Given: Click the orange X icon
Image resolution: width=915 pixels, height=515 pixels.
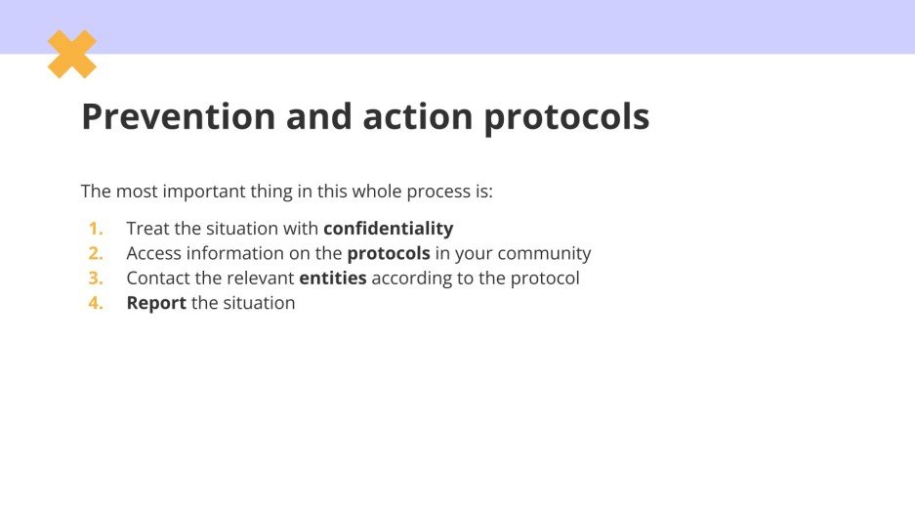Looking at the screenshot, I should point(72,54).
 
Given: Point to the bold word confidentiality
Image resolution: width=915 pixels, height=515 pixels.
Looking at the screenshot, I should point(389,229).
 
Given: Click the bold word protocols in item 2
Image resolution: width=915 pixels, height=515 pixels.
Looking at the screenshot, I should point(389,254).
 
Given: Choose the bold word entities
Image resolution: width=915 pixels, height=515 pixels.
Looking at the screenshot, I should point(333,279).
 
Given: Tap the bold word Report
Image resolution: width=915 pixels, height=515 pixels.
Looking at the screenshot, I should point(156,304).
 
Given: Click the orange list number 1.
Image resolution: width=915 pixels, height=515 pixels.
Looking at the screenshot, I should point(96,229).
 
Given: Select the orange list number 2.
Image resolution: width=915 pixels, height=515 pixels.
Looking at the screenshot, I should point(96,254).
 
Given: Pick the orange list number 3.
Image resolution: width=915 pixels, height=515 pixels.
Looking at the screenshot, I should point(96,279).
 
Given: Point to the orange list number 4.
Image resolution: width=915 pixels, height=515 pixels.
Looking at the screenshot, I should point(96,304).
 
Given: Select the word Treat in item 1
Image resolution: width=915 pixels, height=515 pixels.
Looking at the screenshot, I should point(146,229).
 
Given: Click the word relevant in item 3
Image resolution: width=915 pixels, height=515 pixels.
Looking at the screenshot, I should point(262,279).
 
